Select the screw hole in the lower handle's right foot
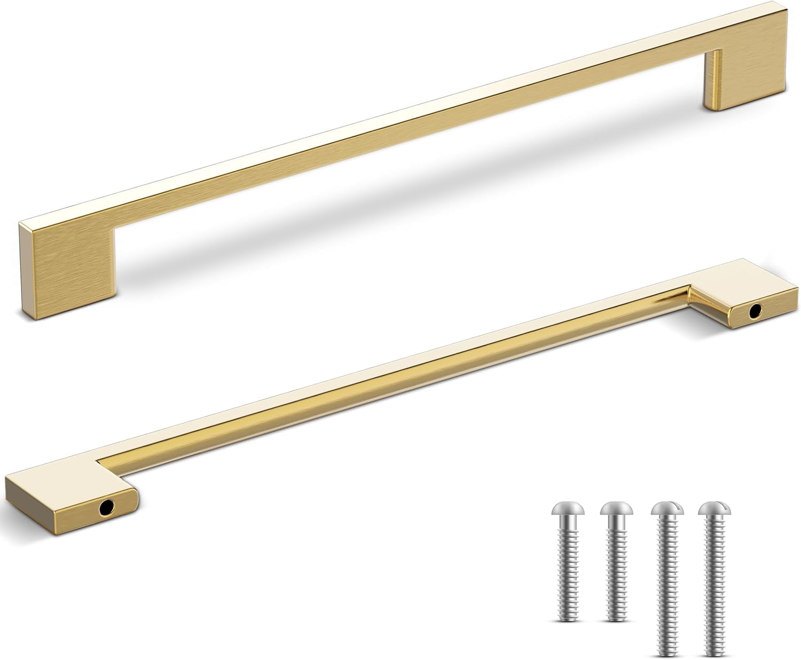pos(756,310)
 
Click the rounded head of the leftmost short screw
pos(567,510)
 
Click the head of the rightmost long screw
pos(716,510)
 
